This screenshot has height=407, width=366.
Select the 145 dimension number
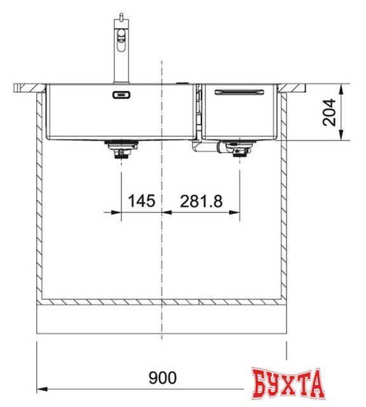[141, 202]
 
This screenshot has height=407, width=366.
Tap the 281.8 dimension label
[201, 202]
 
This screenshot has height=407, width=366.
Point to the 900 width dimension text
[163, 378]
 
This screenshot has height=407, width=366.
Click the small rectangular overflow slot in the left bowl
[121, 95]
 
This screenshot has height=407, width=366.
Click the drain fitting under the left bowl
[119, 151]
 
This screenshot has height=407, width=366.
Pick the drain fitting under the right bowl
[239, 151]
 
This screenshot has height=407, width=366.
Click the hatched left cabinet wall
[40, 191]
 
